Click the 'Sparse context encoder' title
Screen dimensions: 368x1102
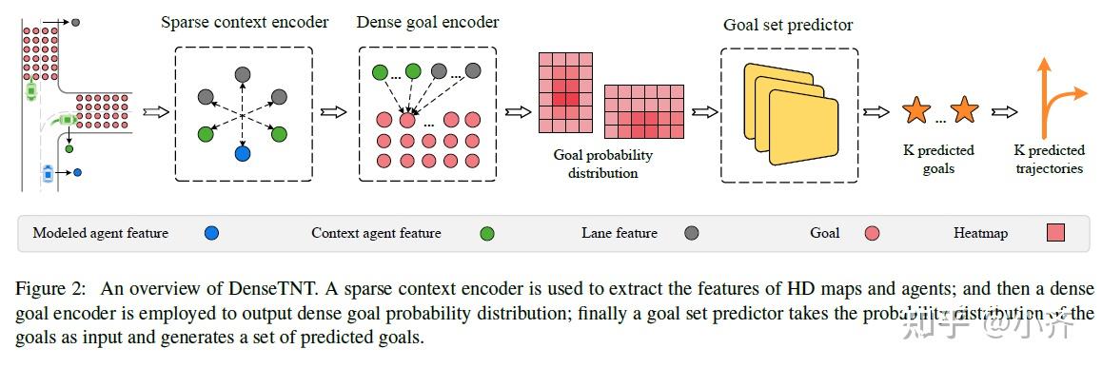click(245, 22)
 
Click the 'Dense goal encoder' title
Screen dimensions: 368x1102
click(427, 22)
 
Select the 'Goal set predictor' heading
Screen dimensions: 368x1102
click(788, 26)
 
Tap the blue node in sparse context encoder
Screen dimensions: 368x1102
click(243, 153)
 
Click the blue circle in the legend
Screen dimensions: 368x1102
click(211, 233)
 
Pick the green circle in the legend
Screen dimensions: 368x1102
click(487, 233)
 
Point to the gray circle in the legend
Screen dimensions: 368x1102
click(692, 233)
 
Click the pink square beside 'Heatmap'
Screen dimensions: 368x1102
click(1055, 233)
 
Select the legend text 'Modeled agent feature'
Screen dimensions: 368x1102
click(100, 233)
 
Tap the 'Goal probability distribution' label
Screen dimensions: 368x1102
click(603, 164)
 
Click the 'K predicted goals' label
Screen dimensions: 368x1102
click(938, 159)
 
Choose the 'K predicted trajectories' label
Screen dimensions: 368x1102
click(1048, 159)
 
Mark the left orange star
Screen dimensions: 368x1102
click(915, 111)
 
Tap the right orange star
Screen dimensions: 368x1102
click(964, 111)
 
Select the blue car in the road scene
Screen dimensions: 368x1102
click(49, 173)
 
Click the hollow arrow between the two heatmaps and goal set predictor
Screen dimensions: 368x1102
click(705, 111)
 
